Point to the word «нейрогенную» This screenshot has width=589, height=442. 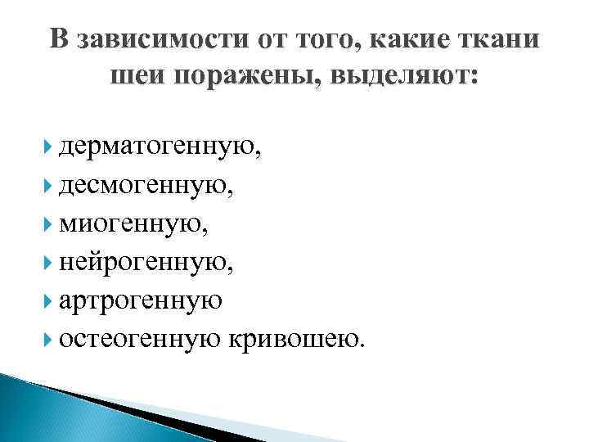pos(151,262)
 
